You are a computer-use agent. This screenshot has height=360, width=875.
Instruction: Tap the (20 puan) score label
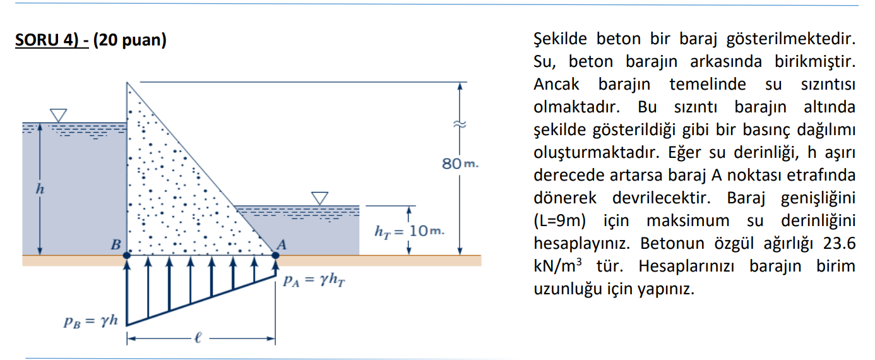pyautogui.click(x=129, y=41)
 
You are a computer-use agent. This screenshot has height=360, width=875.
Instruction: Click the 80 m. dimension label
pyautogui.click(x=460, y=164)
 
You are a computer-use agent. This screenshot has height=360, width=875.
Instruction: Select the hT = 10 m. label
pyautogui.click(x=409, y=232)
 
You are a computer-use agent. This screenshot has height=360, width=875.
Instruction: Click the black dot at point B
pyautogui.click(x=127, y=255)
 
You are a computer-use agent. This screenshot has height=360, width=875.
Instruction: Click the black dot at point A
pyautogui.click(x=275, y=255)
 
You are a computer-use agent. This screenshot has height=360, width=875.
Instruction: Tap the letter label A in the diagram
pyautogui.click(x=282, y=245)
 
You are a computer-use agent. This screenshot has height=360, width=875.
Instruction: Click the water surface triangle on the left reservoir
pyautogui.click(x=59, y=115)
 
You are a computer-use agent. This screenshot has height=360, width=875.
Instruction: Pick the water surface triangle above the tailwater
pyautogui.click(x=320, y=198)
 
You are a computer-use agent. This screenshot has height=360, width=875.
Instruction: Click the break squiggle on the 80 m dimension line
pyautogui.click(x=461, y=125)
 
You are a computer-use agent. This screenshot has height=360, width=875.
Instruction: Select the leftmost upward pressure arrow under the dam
pyautogui.click(x=128, y=291)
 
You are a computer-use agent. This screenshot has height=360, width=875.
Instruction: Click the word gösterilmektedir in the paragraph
pyautogui.click(x=791, y=40)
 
